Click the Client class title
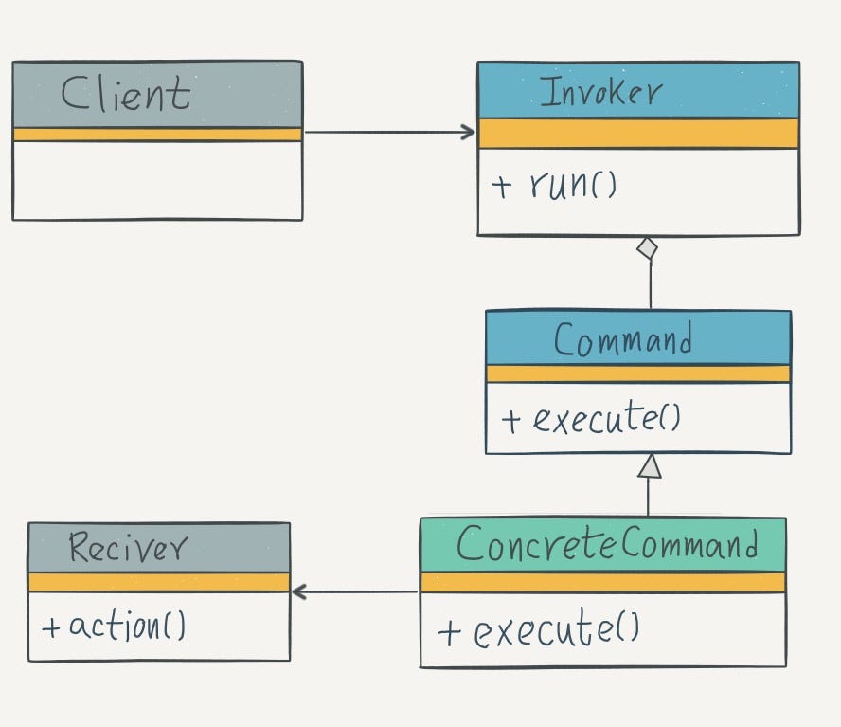[x=126, y=94]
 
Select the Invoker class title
[x=600, y=92]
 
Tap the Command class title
[x=622, y=339]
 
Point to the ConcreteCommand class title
[x=607, y=545]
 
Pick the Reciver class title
[x=128, y=548]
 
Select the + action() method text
[x=115, y=626]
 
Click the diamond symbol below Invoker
[x=647, y=248]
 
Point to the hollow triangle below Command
[x=649, y=466]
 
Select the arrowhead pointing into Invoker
[x=468, y=133]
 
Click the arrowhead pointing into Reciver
[x=300, y=592]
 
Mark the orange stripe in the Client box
[x=157, y=135]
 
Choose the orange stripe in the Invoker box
[x=637, y=134]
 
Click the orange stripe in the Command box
[x=637, y=373]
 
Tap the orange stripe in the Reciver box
[x=158, y=582]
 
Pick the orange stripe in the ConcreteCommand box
[x=602, y=582]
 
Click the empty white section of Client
[x=157, y=180]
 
